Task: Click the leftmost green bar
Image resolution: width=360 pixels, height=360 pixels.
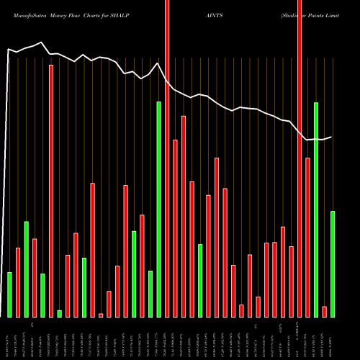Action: (x=9, y=294)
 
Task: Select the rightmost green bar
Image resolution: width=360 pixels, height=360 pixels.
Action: (x=333, y=264)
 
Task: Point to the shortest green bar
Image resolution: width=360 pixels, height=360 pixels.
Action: (x=59, y=313)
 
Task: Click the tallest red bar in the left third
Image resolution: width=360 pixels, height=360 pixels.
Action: (x=51, y=191)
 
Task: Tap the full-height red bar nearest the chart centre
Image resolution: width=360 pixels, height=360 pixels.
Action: (x=167, y=158)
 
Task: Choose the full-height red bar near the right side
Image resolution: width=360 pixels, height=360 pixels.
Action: (x=300, y=158)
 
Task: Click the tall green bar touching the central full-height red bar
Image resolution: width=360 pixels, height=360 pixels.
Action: (x=159, y=209)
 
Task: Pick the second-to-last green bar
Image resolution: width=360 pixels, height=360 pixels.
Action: (x=316, y=209)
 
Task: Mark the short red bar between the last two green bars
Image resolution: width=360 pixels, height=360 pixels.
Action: (x=325, y=311)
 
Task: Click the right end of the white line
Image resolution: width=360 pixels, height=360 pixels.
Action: (x=331, y=137)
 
